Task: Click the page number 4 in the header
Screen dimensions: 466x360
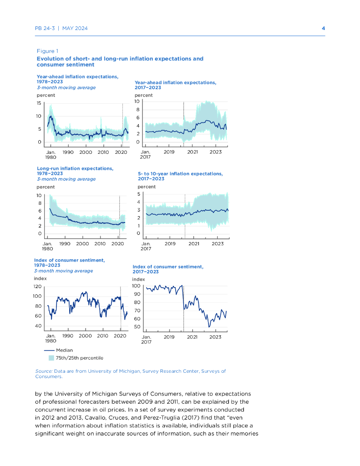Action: coord(323,28)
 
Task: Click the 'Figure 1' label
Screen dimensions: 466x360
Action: coord(47,51)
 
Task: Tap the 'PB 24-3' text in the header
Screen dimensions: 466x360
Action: coord(45,28)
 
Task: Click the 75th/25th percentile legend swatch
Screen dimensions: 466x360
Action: coord(51,358)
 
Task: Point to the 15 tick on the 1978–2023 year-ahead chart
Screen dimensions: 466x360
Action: coord(39,103)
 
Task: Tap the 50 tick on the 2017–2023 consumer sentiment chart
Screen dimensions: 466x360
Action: coord(137,327)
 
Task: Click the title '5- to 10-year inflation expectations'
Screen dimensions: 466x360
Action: coord(180,174)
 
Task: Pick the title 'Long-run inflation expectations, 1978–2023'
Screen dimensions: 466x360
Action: coord(75,171)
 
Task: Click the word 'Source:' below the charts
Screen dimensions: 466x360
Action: coord(44,371)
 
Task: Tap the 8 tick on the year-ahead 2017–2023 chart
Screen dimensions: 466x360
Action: coord(137,110)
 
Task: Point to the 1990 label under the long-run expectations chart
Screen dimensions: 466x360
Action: coord(65,243)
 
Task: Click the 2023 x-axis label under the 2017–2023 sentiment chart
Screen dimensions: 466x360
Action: coord(215,337)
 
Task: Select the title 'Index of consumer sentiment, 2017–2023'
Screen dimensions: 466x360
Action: coord(167,269)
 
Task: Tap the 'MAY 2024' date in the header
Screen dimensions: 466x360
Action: coord(75,28)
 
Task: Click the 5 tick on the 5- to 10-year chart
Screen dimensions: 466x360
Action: coord(139,195)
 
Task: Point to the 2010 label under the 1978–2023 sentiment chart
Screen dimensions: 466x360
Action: coord(102,335)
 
